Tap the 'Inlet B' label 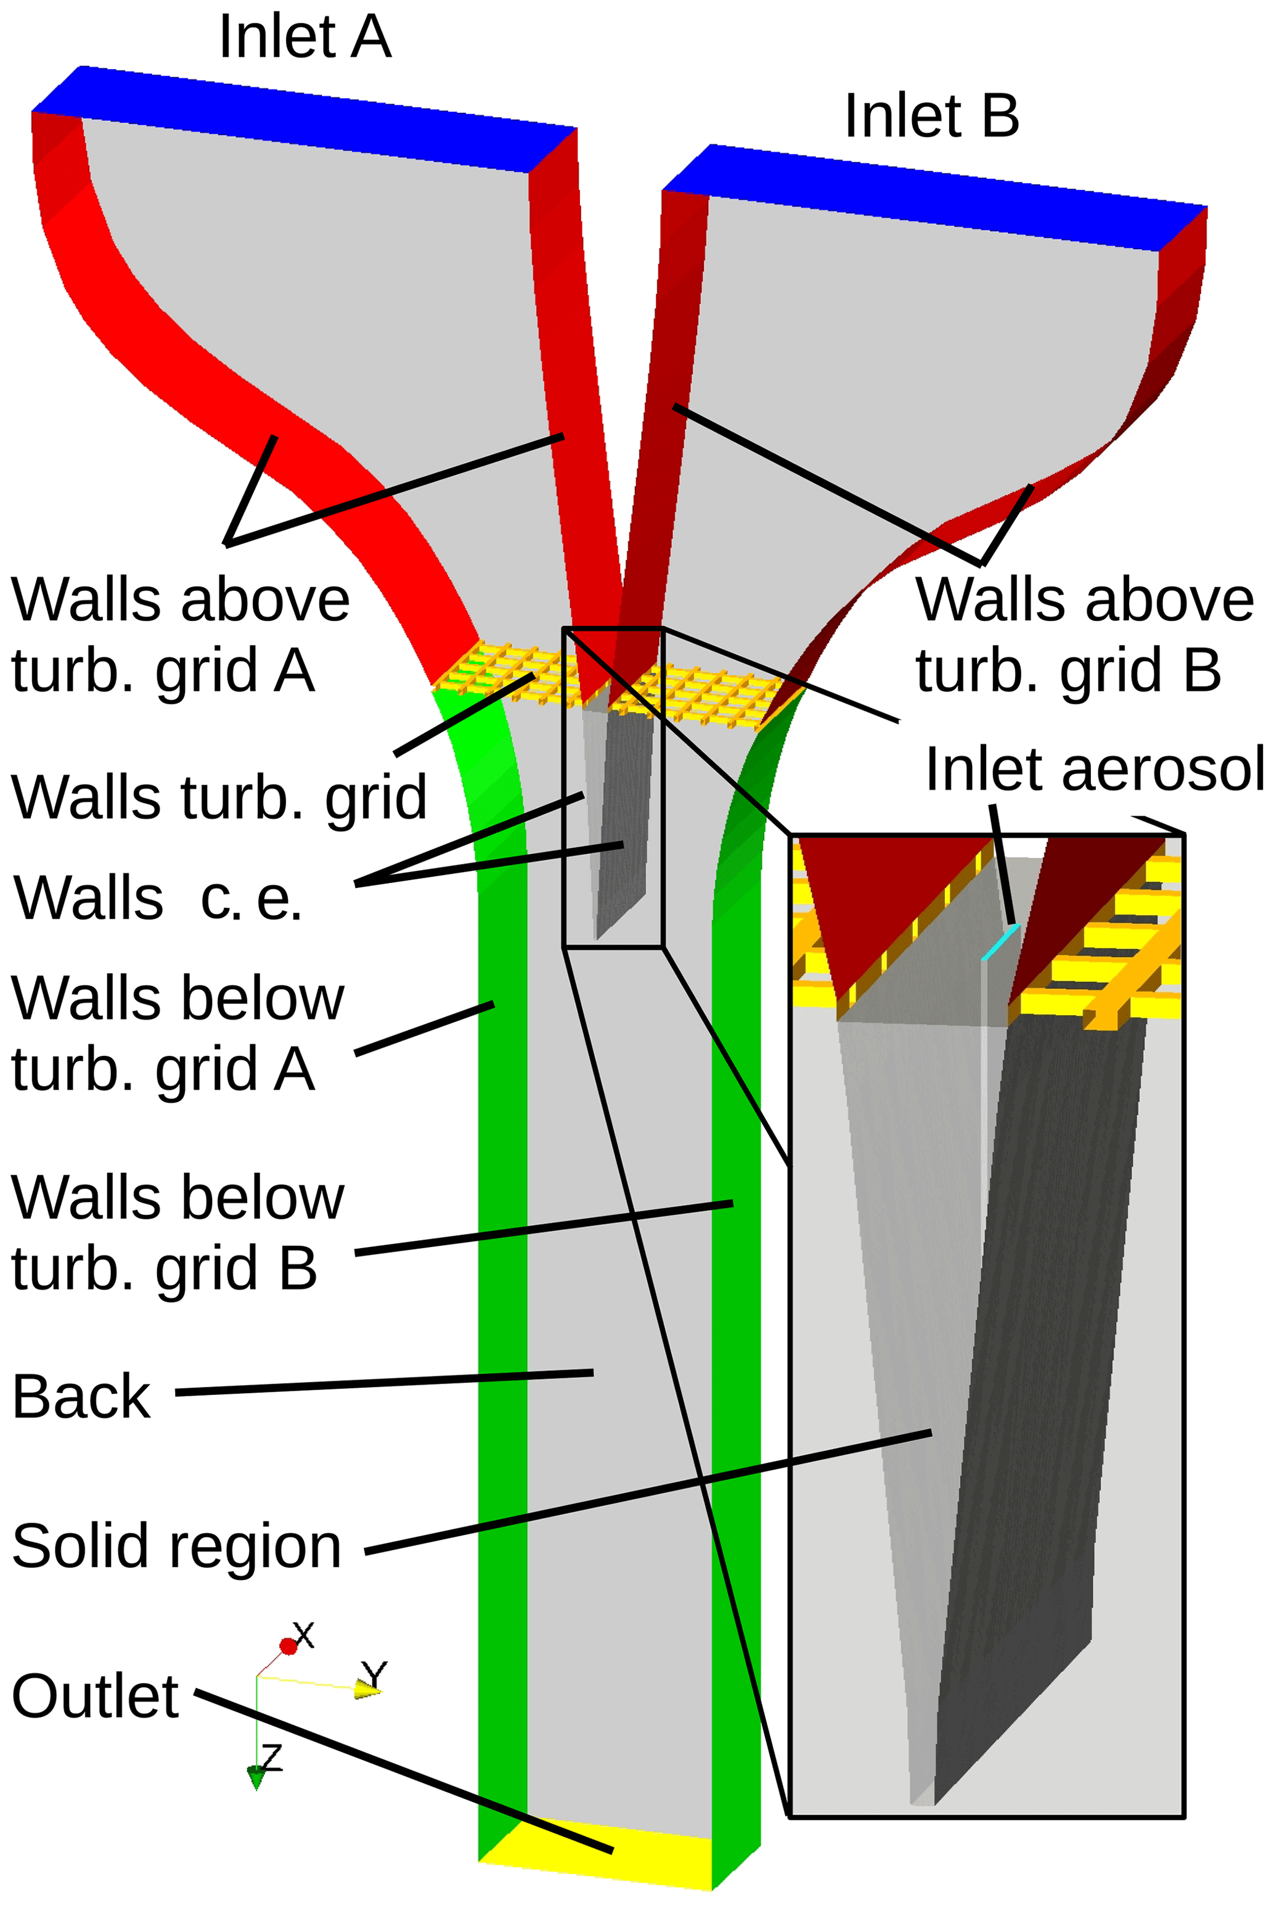click(x=931, y=115)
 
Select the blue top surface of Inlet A click(x=304, y=120)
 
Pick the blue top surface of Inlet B click(x=934, y=197)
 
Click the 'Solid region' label click(x=176, y=1546)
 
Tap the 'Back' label click(x=81, y=1397)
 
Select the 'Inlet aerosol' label click(x=1095, y=769)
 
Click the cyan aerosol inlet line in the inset click(x=1000, y=942)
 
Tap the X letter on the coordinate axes click(x=303, y=1634)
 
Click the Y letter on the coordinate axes click(x=374, y=1676)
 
